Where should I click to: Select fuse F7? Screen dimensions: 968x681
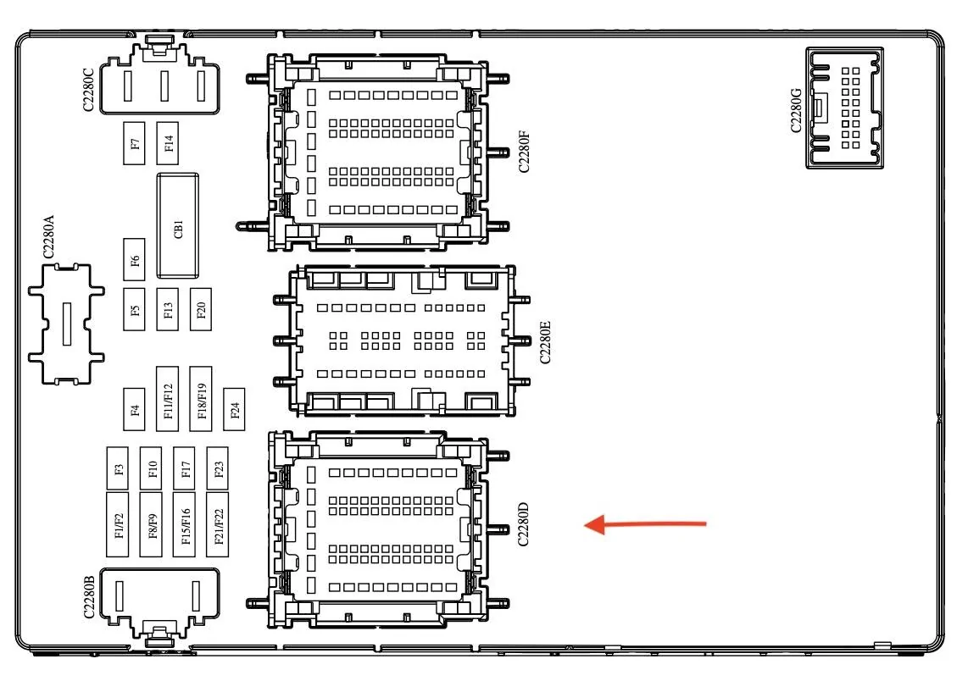point(134,143)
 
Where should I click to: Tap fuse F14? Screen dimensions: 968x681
point(167,143)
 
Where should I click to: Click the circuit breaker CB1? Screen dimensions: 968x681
point(178,226)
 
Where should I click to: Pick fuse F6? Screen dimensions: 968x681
point(134,260)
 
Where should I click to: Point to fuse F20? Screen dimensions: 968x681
point(201,309)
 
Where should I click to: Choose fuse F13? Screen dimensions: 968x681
point(167,309)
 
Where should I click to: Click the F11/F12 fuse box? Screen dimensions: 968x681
point(167,399)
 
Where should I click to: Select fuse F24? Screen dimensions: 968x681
point(234,410)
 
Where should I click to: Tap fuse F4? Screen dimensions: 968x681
point(134,410)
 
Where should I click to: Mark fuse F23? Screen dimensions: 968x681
point(217,468)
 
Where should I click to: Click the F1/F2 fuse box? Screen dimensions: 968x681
point(117,524)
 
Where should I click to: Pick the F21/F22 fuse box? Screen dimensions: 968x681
point(217,524)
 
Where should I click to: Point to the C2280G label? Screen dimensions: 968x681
point(796,110)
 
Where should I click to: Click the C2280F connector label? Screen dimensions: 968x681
point(524,151)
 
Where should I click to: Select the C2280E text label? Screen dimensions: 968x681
point(544,341)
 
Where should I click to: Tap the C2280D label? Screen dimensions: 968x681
point(523,525)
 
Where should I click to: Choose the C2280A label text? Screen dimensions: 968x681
point(48,237)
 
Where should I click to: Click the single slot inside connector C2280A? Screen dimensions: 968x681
point(67,324)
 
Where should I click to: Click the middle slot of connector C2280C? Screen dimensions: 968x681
point(164,86)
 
